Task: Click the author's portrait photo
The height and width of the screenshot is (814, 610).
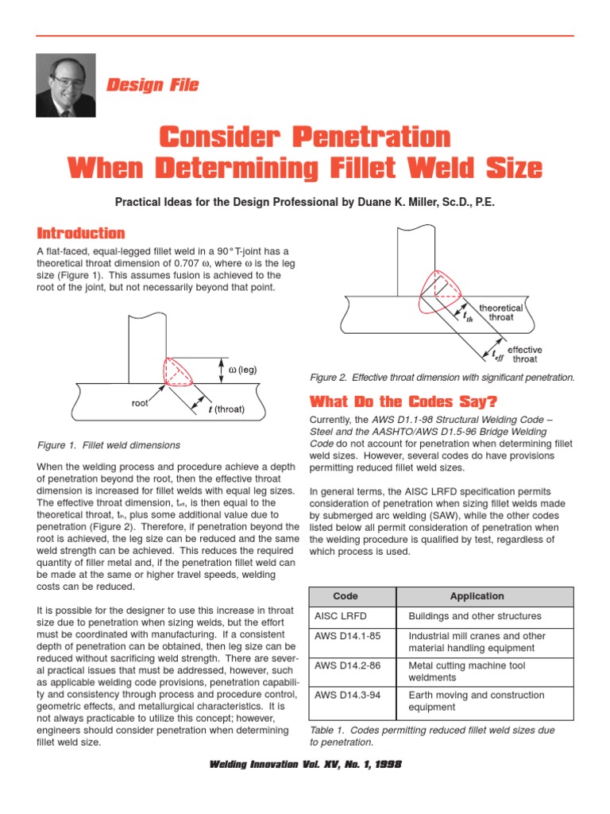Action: tap(65, 85)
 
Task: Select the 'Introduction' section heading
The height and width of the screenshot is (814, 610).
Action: tap(81, 233)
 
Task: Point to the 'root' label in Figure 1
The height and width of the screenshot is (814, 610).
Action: tap(141, 403)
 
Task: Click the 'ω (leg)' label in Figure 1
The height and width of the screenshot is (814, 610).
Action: tap(243, 370)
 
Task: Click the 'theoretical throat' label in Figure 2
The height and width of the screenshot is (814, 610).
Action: tap(500, 312)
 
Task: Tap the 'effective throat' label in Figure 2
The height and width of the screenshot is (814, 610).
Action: tap(525, 354)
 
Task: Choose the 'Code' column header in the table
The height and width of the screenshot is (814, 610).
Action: tap(346, 595)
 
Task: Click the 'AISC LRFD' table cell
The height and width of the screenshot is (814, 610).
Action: tap(341, 616)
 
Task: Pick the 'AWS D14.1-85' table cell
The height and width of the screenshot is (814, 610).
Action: tap(346, 636)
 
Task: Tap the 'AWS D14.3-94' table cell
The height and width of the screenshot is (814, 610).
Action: tap(346, 695)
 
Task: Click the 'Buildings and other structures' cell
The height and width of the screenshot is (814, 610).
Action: tap(474, 616)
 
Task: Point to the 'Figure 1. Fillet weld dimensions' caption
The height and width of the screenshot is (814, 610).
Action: tap(110, 445)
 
